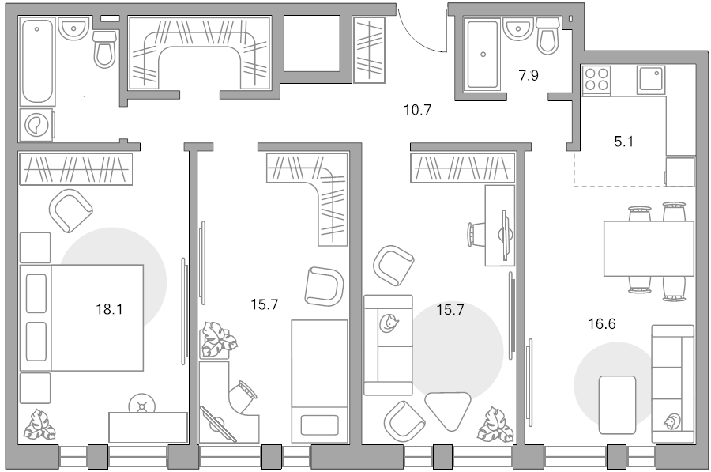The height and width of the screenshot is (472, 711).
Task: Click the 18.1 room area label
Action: pos(109,309)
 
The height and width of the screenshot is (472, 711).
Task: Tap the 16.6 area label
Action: pos(602,324)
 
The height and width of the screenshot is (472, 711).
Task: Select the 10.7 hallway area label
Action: pos(417,110)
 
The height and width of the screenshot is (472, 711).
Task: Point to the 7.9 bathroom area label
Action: pos(529,75)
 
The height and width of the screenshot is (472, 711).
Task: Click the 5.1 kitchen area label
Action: pos(623,142)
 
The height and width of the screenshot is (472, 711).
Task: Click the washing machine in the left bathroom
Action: pos(36,124)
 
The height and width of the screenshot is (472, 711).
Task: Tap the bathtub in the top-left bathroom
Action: pos(36,61)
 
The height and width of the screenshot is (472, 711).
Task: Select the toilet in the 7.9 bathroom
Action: pos(548,36)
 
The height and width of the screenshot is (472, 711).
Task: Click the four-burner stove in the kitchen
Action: pos(596,80)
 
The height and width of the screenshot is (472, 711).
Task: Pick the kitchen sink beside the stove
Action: pos(651,80)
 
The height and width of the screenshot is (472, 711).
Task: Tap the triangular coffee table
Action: pos(448,410)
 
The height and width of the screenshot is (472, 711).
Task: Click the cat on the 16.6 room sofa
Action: pos(672,422)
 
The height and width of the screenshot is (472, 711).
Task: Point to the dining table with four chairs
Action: pos(649,249)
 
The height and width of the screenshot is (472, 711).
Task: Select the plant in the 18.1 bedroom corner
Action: pos(39,425)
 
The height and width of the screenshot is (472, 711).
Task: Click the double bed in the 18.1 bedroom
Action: pos(81,318)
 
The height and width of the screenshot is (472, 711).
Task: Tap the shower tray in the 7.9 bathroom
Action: pos(483,54)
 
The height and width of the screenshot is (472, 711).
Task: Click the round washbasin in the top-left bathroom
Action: pos(73,28)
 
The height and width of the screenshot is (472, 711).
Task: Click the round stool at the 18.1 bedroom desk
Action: pos(142,405)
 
